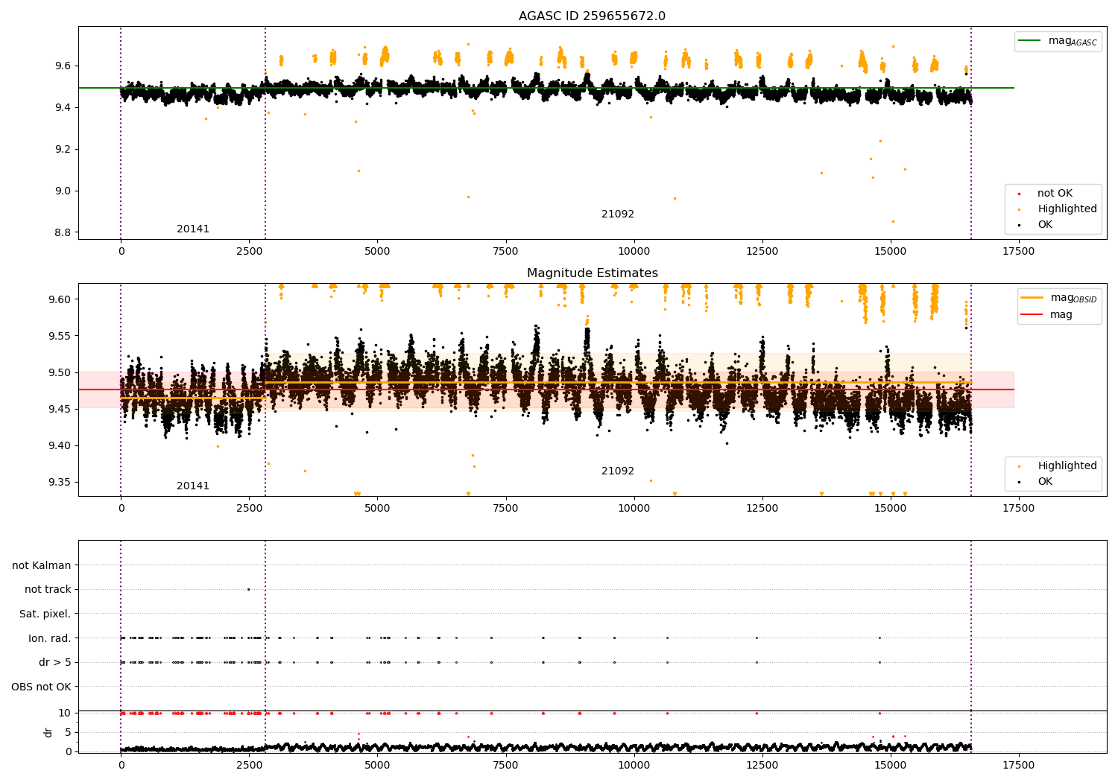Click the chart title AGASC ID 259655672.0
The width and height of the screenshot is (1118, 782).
(x=592, y=16)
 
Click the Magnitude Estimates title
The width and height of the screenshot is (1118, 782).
(x=592, y=273)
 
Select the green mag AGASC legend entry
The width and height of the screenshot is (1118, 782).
(x=1058, y=42)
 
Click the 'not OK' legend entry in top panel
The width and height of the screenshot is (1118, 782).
(x=1054, y=194)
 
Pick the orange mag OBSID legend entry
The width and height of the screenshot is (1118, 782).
(x=1059, y=298)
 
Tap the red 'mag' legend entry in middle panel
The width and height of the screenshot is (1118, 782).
(x=1060, y=315)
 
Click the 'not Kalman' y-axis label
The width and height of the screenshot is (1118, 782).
(x=42, y=565)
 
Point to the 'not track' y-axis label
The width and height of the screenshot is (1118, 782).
(x=48, y=589)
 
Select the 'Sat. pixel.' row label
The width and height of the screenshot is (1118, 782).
(x=45, y=614)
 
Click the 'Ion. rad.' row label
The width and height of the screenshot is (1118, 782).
(x=49, y=638)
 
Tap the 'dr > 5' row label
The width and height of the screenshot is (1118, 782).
(x=54, y=662)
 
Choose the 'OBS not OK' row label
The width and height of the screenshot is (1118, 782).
(x=41, y=687)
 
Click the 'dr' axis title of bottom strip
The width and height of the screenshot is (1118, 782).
(x=48, y=732)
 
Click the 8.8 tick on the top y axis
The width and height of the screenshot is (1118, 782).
(x=62, y=232)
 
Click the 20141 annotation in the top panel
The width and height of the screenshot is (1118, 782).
(x=193, y=229)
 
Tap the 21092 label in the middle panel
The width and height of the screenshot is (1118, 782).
(x=618, y=471)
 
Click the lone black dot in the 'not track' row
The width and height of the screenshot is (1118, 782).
(x=248, y=589)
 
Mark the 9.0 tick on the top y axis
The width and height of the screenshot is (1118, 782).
(x=62, y=191)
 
